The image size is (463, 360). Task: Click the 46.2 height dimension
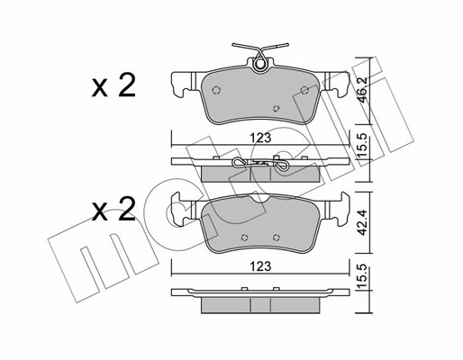[363, 90]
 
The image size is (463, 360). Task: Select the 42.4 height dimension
[363, 222]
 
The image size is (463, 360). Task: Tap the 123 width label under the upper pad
[260, 138]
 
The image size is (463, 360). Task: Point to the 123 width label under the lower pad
[260, 266]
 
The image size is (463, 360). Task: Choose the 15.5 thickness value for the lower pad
[363, 276]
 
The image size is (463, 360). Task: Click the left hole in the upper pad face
[216, 90]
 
